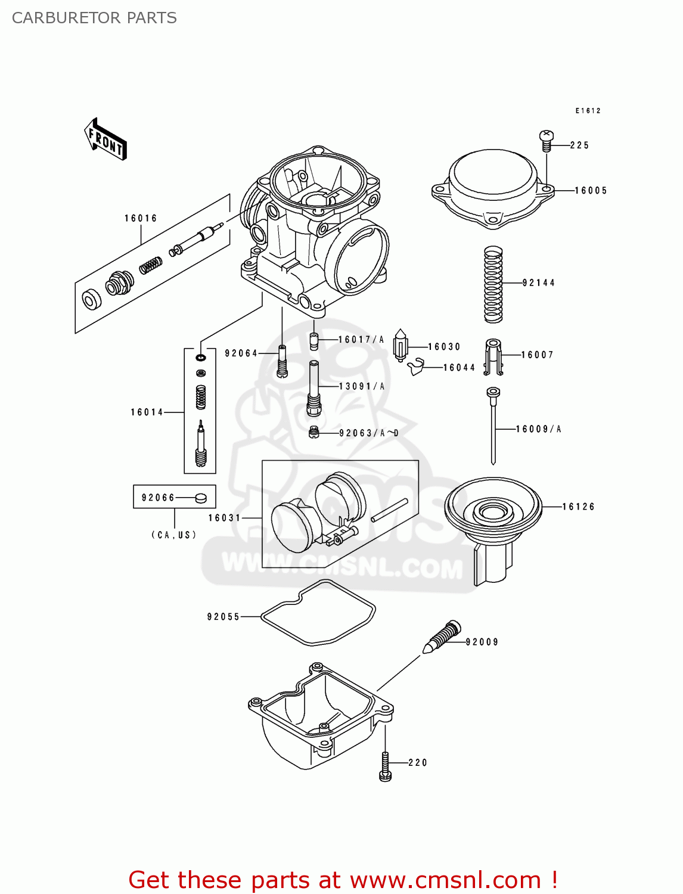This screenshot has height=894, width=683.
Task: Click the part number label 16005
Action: tap(591, 191)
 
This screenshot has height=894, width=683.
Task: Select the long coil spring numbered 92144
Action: tap(493, 284)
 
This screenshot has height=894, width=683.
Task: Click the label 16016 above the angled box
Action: tap(141, 218)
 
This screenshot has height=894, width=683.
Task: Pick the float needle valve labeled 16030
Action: tap(401, 346)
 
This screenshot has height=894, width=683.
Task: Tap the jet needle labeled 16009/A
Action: tap(493, 426)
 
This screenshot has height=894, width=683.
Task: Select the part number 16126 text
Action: tap(578, 507)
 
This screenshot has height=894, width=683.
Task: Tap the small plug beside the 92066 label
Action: tap(201, 498)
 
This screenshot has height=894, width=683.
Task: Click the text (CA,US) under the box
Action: tap(173, 535)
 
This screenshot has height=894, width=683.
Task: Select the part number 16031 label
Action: tap(224, 518)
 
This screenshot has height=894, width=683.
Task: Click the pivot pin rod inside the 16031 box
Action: tap(389, 510)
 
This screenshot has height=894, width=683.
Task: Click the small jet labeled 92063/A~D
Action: tap(314, 432)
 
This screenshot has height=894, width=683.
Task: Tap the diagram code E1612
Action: tap(588, 111)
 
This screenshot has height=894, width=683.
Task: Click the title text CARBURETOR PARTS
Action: tap(94, 18)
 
